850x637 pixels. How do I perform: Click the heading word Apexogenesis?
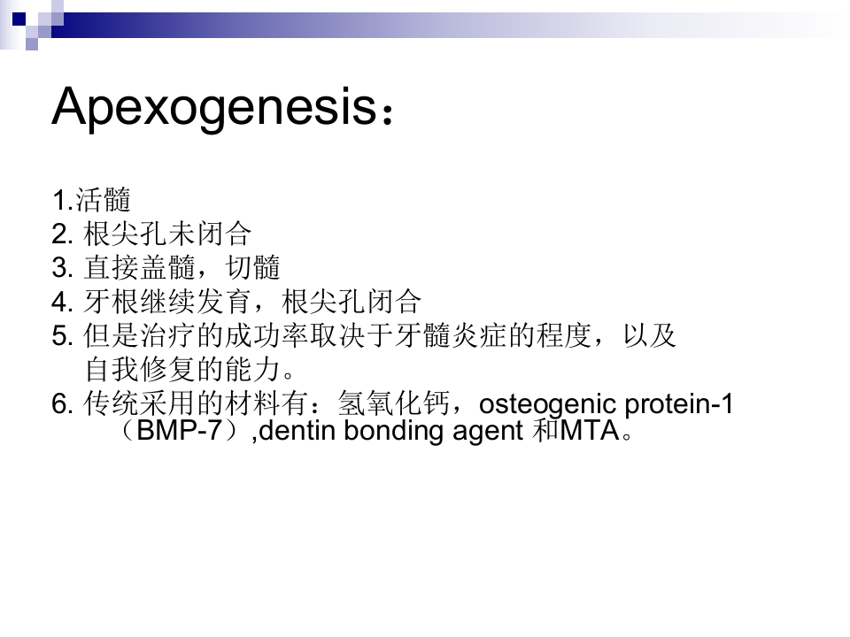pos(208,108)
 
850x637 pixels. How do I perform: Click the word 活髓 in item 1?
pos(104,200)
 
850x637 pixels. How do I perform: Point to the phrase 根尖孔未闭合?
pos(167,234)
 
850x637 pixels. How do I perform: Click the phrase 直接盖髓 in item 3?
pos(139,268)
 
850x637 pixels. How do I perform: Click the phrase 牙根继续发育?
pos(167,303)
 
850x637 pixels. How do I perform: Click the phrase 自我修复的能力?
pos(182,366)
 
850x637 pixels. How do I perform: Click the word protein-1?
pos(679,405)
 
